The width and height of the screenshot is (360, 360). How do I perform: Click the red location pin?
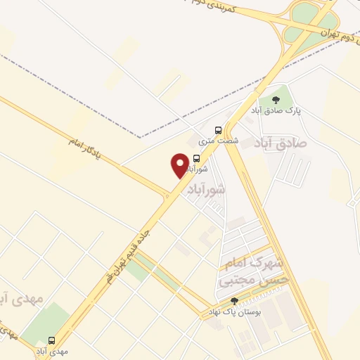[x=180, y=165]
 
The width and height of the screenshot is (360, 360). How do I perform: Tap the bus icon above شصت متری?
[x=219, y=130]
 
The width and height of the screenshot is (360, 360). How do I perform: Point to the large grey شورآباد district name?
[x=203, y=190]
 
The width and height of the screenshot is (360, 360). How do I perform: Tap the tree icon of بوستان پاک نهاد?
[x=234, y=301]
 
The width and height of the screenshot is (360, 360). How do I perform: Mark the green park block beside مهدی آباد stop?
[x=46, y=323]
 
